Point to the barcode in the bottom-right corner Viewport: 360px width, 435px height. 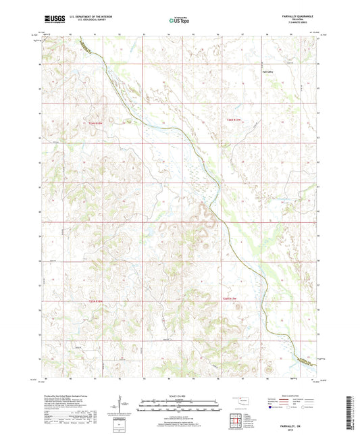(x=349, y=415)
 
